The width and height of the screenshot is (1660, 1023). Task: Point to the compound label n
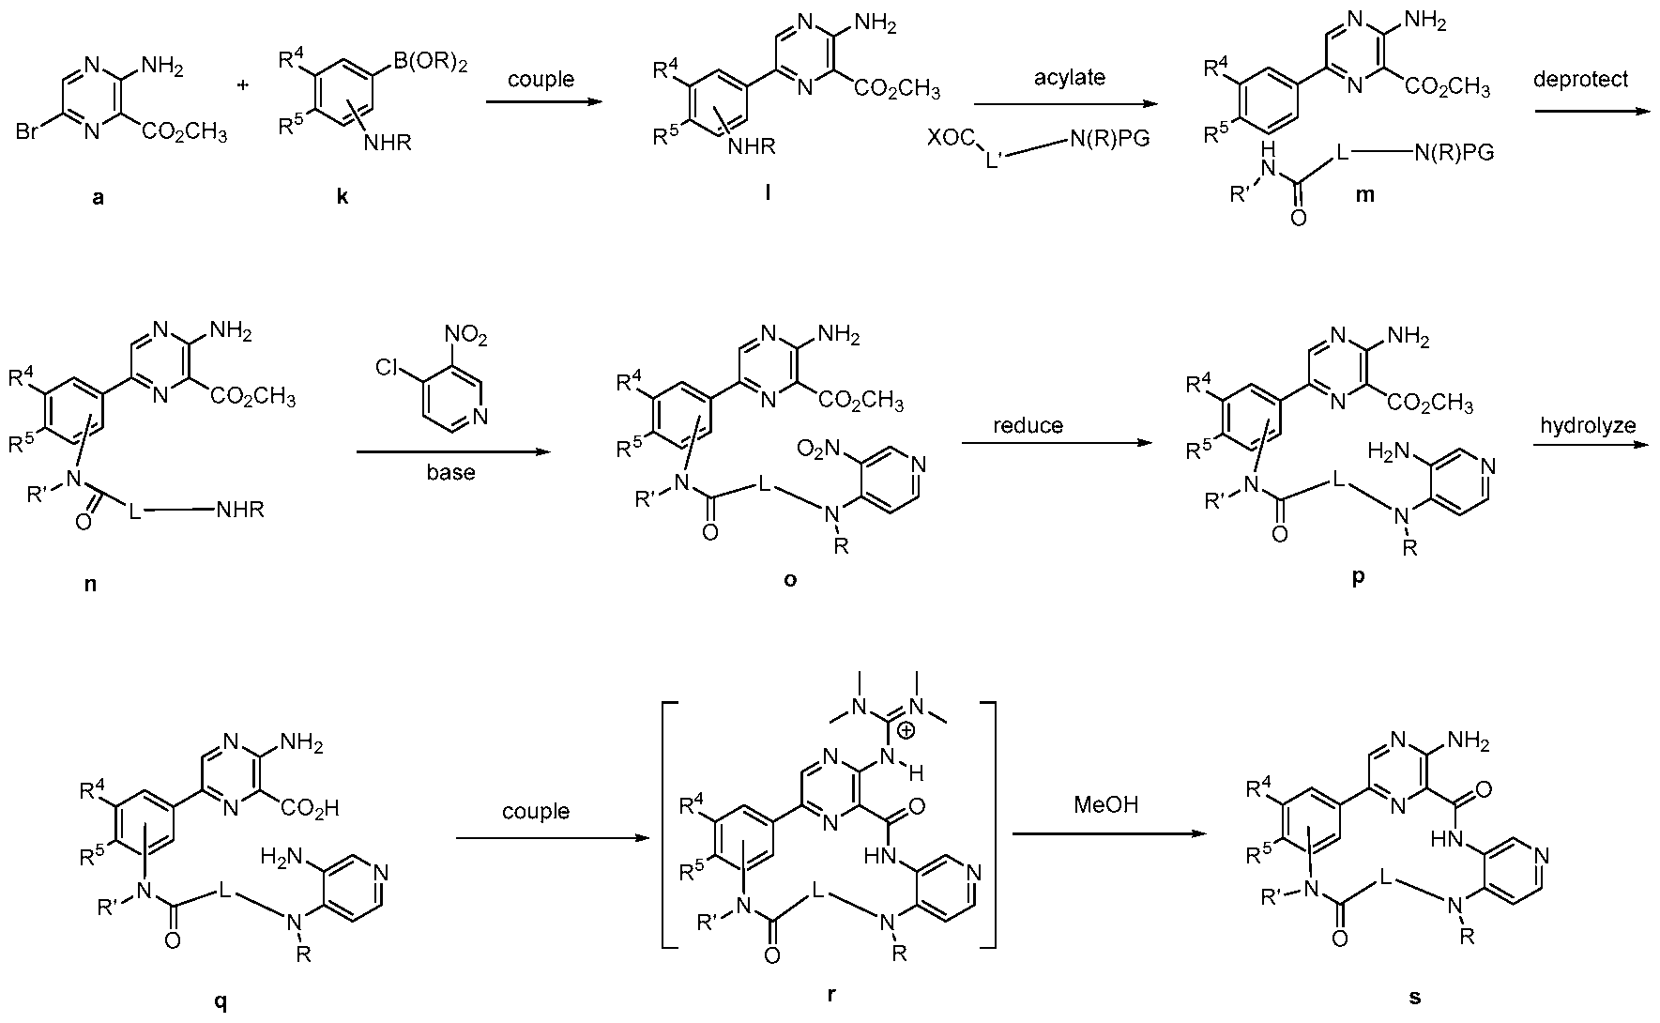(x=90, y=584)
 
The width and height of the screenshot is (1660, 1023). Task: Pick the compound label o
(x=790, y=580)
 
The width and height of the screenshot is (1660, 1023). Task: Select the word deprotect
(x=1580, y=79)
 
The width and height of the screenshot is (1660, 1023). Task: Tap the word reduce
(x=1028, y=425)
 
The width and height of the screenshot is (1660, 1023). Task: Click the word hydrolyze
(x=1587, y=425)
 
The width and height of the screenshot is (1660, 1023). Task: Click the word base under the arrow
(x=450, y=472)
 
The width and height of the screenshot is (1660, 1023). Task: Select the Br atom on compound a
(x=28, y=133)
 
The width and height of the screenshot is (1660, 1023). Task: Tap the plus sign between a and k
(x=244, y=84)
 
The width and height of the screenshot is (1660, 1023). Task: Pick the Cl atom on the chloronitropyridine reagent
(x=386, y=367)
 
